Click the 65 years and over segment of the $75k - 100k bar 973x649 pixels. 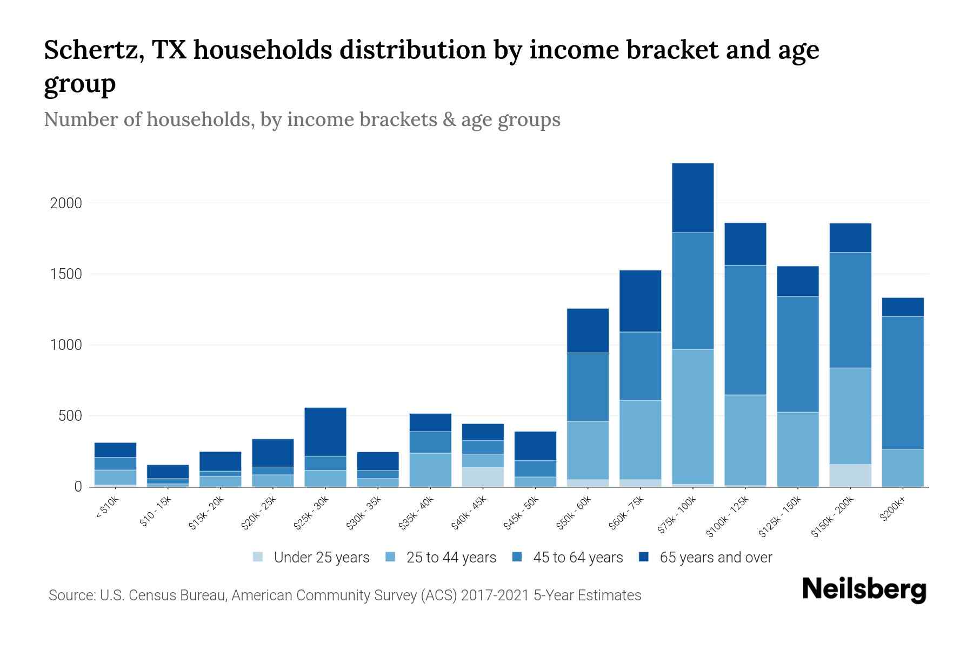(x=692, y=198)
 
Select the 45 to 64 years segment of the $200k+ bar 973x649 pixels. (x=903, y=383)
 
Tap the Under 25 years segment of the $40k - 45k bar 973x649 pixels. (x=483, y=477)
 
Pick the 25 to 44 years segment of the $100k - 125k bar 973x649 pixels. (x=745, y=440)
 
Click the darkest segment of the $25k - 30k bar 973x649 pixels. (x=325, y=432)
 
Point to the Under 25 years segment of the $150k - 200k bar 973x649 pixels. (x=850, y=475)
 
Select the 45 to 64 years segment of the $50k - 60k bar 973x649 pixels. (x=588, y=387)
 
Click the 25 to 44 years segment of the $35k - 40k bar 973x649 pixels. (x=430, y=469)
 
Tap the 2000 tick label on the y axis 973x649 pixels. (x=66, y=203)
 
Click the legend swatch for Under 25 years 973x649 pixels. (x=258, y=557)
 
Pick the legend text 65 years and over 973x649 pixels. (x=716, y=558)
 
